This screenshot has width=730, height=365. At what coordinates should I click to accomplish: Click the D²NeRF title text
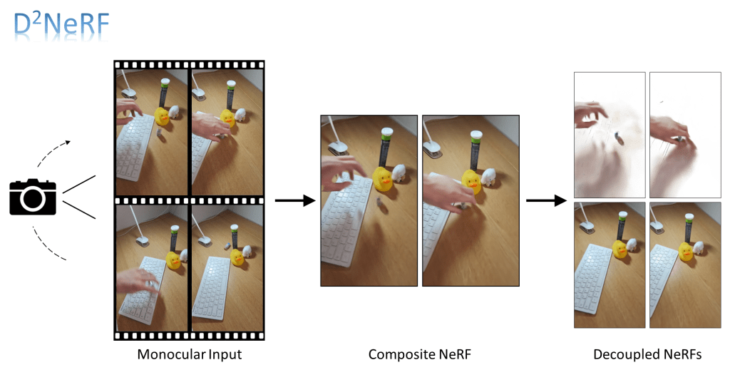pos(61,24)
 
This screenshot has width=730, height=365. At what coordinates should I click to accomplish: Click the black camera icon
pos(32,197)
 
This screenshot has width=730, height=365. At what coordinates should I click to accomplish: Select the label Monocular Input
pos(189,354)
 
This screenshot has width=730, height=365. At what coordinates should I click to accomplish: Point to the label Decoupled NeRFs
pos(647,354)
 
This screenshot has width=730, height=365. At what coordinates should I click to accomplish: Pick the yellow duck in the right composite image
pos(471,180)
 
